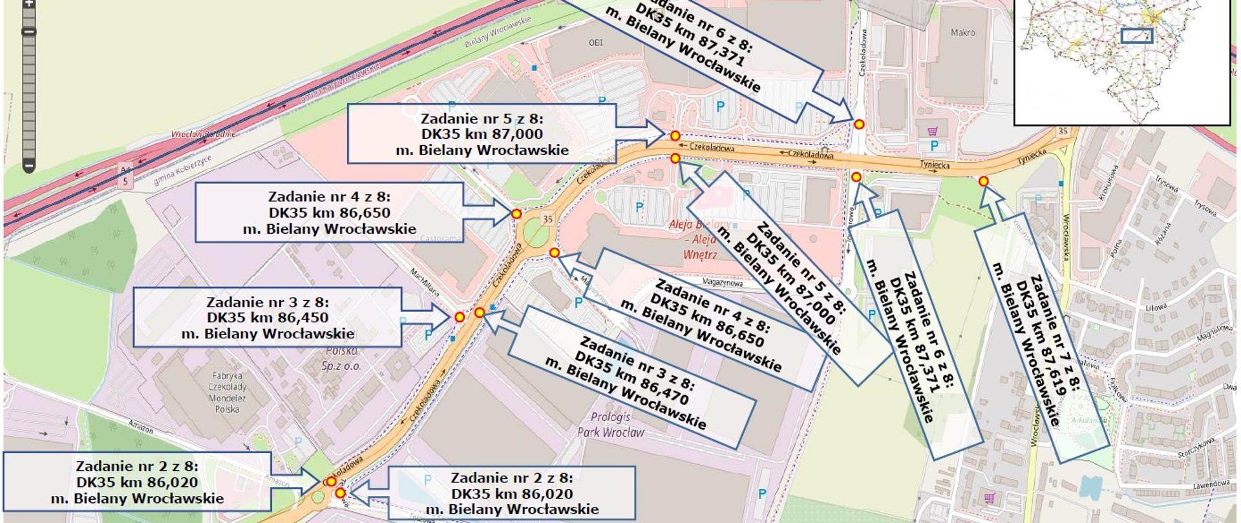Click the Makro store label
962,32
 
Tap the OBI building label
595,43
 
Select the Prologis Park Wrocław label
610,424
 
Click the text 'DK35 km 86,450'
268,318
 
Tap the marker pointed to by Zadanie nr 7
983,181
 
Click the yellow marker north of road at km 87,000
675,136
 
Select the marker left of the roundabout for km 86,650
516,214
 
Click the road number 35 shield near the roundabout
547,219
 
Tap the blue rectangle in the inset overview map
1136,36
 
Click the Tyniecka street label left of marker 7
935,165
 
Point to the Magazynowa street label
723,283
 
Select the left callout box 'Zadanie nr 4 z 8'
329,212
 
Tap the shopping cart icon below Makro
932,132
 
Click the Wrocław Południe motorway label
203,134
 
